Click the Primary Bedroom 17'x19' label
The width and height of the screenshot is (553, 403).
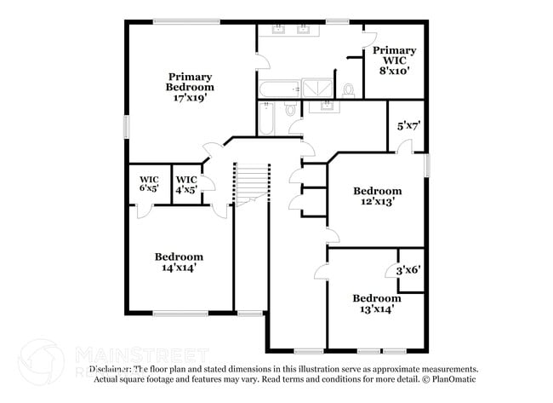tap(190, 87)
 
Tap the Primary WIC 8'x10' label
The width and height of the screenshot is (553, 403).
tap(394, 60)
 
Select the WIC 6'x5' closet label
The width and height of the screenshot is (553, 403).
tap(149, 183)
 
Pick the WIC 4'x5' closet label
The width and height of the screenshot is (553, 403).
tap(185, 183)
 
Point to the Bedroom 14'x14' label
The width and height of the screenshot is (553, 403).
tap(179, 262)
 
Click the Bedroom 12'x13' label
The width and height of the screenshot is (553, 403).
tap(377, 196)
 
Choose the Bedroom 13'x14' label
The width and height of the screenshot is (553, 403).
tap(377, 303)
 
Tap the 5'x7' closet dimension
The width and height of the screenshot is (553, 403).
tap(408, 126)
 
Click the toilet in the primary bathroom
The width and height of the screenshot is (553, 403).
tap(348, 89)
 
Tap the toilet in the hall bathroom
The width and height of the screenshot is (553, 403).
tap(290, 109)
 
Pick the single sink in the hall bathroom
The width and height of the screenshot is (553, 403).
tap(325, 107)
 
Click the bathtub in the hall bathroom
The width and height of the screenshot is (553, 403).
tap(266, 118)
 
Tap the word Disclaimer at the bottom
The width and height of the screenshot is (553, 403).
tap(115, 370)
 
